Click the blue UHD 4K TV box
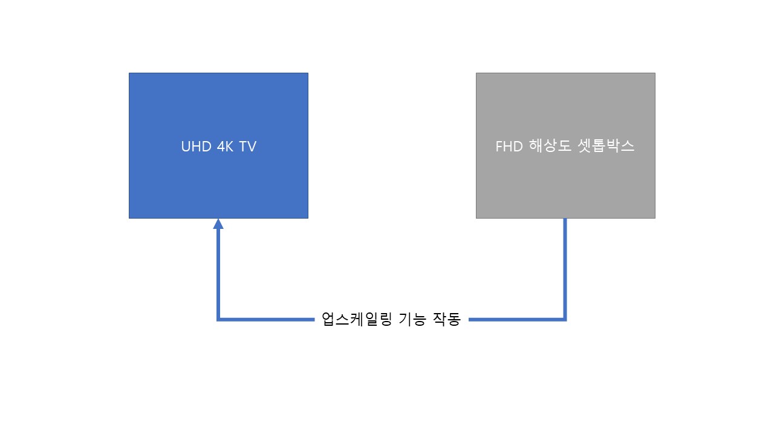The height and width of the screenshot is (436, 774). (x=218, y=145)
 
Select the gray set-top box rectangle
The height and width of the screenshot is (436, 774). (x=565, y=145)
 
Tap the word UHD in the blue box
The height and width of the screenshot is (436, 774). (x=197, y=147)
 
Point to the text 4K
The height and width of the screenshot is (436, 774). (x=225, y=147)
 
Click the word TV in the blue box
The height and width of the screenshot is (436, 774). (x=247, y=147)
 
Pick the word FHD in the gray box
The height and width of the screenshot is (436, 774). (x=509, y=147)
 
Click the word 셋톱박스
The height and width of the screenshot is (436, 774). (x=606, y=146)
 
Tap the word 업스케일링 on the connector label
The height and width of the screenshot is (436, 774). (x=357, y=319)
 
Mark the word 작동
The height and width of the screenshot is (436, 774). (x=447, y=319)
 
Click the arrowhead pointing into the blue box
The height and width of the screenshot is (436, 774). (x=218, y=224)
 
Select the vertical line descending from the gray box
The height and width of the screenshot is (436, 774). (x=565, y=269)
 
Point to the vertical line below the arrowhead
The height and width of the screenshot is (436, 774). (x=218, y=274)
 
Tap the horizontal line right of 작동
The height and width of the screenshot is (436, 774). (x=516, y=319)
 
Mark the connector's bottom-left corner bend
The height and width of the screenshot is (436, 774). (x=218, y=319)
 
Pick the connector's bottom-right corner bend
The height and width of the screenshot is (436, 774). (x=565, y=319)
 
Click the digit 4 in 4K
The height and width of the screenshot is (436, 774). (x=221, y=147)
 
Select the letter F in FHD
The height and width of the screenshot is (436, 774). (x=499, y=147)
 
